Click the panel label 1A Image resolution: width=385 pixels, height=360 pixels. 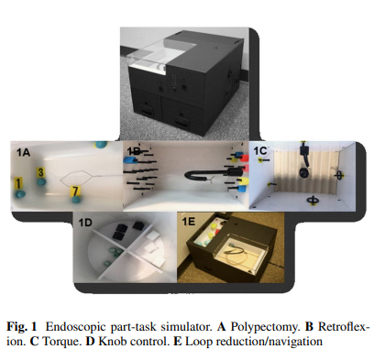[x=23, y=152]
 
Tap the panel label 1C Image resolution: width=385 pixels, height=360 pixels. [x=260, y=151]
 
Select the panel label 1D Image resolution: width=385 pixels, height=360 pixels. [x=85, y=223]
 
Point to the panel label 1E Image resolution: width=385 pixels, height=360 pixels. [x=188, y=221]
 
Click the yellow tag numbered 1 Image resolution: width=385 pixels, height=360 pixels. [x=18, y=184]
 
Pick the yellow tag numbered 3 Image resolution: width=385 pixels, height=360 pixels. [x=40, y=172]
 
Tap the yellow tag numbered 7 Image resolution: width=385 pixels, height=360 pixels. [x=75, y=191]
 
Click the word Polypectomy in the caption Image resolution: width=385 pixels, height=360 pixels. [x=264, y=327]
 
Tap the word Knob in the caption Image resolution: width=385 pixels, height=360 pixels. [x=112, y=341]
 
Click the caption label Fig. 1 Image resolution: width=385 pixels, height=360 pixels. [x=22, y=327]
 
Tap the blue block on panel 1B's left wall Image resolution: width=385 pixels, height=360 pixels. [x=130, y=159]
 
